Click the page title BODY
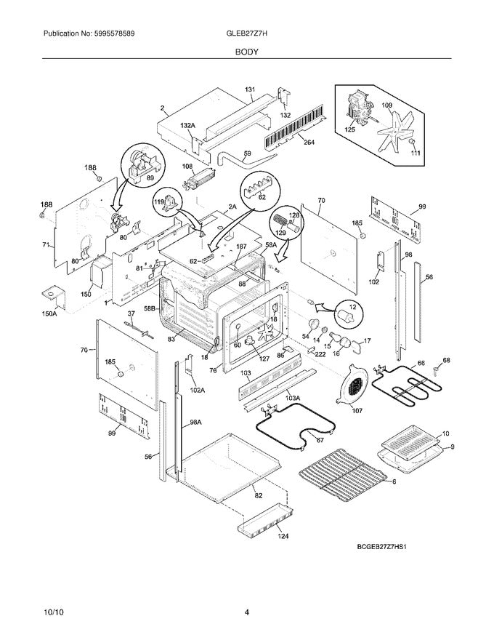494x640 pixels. (246, 52)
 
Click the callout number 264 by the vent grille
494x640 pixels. (309, 143)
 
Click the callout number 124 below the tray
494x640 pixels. (283, 537)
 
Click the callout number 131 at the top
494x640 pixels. (250, 90)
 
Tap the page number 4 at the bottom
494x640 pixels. (247, 612)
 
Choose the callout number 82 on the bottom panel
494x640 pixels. (258, 495)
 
